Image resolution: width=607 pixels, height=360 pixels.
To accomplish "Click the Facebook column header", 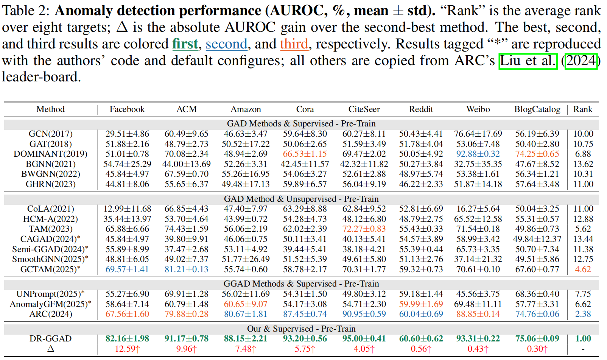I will coord(127,109).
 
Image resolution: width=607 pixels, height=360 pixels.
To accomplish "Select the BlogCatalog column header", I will coord(537,109).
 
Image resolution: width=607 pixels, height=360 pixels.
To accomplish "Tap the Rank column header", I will coord(582,109).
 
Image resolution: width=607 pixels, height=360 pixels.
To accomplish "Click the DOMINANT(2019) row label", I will coord(50,154).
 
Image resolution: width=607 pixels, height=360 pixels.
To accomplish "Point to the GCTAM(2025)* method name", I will coord(50,269).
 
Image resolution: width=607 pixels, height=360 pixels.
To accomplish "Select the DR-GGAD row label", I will coord(50,338).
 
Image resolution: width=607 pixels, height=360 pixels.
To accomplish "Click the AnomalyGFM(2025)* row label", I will coord(50,304).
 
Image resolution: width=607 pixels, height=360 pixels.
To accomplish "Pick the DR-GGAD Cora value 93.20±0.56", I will coord(305,338).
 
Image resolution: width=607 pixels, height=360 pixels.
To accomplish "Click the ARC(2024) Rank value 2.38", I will coord(583,314).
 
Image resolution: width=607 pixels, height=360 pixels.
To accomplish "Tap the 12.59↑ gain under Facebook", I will coord(127,349).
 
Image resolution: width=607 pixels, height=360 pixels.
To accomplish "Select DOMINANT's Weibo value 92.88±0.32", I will coord(478,154).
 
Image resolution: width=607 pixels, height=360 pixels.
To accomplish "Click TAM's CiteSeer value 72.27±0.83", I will coord(364,229).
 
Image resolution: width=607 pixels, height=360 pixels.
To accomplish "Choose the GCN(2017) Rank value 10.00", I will coord(583,134).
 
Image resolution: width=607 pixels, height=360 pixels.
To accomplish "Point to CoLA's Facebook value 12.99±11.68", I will coord(127,209).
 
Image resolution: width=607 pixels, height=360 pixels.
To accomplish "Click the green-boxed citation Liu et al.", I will coord(528,61).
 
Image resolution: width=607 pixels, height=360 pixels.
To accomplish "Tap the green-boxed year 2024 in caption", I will coord(581,61).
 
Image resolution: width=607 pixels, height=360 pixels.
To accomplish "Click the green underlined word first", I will coord(185,44).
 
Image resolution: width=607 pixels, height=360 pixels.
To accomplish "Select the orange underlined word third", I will coord(294,44).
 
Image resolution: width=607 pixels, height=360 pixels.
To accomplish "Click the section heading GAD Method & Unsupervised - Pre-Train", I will coord(301,199).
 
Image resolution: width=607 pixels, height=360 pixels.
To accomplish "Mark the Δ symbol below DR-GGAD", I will coord(50,349).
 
